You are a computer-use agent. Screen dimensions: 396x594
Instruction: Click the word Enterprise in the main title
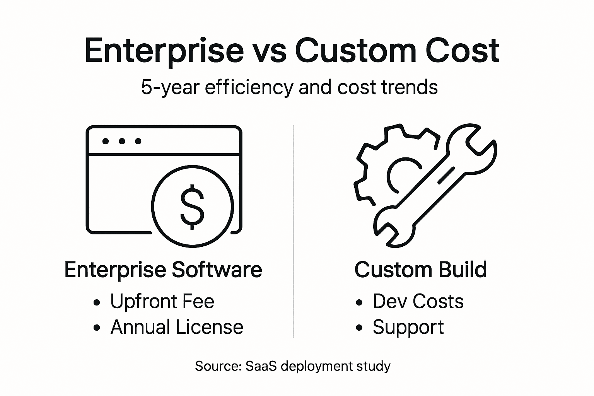(164, 51)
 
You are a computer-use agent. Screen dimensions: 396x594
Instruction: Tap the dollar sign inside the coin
(192, 207)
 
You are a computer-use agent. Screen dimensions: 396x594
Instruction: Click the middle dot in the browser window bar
(122, 141)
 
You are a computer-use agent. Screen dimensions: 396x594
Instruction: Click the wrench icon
(437, 186)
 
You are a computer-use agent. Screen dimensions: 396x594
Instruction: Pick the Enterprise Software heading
(163, 270)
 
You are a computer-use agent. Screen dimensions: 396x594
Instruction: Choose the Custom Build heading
(420, 270)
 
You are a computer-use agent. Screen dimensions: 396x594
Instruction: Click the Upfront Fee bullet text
(162, 302)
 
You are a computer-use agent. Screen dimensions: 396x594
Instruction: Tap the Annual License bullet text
(177, 328)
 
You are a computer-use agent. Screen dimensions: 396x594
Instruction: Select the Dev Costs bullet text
(418, 302)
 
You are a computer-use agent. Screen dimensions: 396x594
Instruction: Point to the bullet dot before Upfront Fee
(97, 302)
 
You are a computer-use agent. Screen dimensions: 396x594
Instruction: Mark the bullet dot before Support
(359, 328)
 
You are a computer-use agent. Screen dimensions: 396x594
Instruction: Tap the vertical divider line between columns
(294, 232)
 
